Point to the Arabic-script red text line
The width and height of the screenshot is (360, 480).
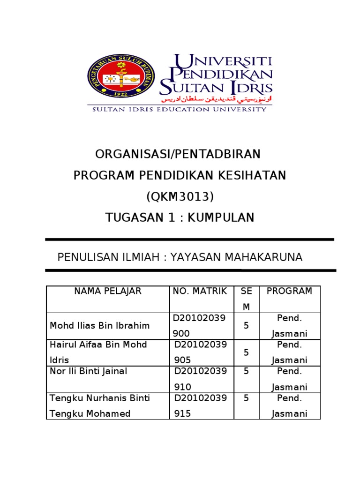pyautogui.click(x=217, y=99)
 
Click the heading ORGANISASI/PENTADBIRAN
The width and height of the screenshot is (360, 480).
pyautogui.click(x=178, y=154)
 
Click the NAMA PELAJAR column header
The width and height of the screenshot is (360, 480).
pyautogui.click(x=108, y=291)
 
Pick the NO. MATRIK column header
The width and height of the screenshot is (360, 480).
pyautogui.click(x=200, y=291)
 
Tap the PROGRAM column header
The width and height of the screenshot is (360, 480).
pyautogui.click(x=289, y=291)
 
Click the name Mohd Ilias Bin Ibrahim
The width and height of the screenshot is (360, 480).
pyautogui.click(x=99, y=325)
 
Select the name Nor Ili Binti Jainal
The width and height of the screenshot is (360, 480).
pyautogui.click(x=88, y=371)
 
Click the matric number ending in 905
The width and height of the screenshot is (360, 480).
pyautogui.click(x=201, y=352)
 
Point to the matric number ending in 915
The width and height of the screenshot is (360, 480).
pyautogui.click(x=201, y=406)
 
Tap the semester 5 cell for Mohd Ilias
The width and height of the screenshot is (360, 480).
pyautogui.click(x=246, y=325)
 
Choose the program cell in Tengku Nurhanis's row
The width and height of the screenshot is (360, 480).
pyautogui.click(x=289, y=406)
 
